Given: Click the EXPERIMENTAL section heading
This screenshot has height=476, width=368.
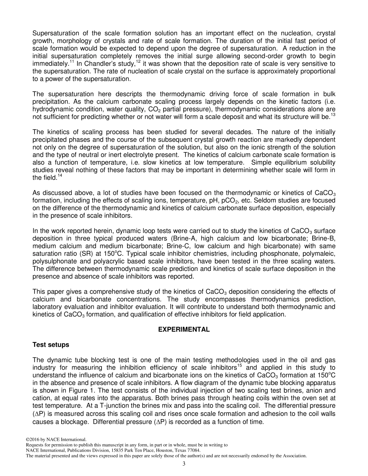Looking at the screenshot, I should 184,330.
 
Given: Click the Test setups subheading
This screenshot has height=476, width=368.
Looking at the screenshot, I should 51,344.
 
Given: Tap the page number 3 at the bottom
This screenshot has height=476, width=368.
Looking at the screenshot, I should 184,464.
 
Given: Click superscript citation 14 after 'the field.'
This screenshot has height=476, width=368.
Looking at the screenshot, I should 60,176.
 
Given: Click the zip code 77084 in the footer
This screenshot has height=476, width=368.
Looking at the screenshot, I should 193,450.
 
